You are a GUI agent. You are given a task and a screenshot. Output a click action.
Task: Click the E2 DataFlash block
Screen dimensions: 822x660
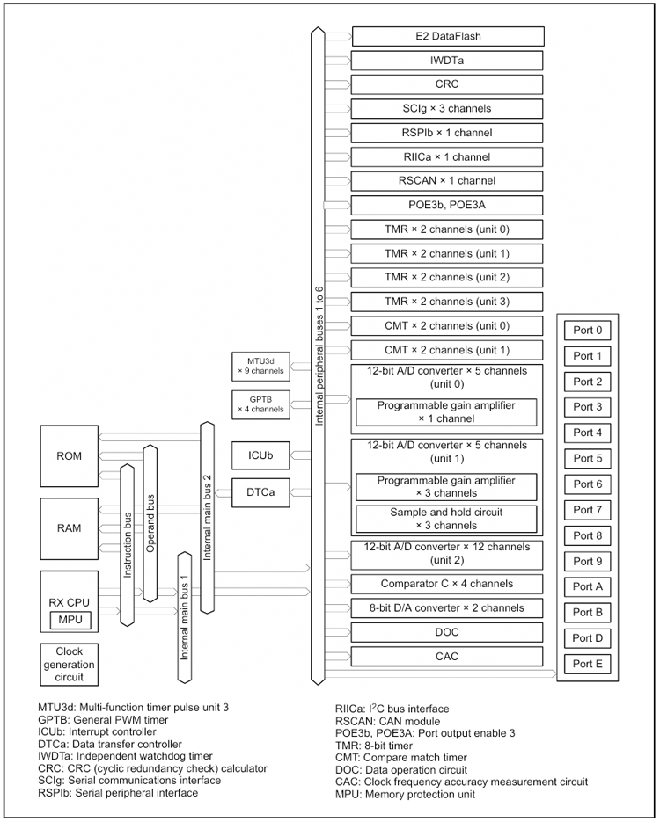click(448, 37)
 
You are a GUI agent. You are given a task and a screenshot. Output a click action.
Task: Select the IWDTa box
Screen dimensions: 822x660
click(448, 61)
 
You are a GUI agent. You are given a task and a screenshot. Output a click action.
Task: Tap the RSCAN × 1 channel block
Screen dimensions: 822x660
click(448, 181)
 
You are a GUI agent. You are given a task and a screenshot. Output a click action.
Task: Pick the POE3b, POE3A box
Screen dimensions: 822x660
click(448, 205)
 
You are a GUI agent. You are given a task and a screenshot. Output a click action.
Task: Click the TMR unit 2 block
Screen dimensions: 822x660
click(448, 277)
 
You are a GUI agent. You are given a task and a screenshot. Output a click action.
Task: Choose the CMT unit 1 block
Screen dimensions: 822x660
click(448, 349)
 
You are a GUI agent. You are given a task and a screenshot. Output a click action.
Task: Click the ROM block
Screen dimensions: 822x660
click(70, 456)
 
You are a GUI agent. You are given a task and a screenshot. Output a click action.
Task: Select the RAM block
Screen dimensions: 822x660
click(70, 528)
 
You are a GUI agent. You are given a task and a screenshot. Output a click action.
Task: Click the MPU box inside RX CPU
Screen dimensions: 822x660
click(69, 620)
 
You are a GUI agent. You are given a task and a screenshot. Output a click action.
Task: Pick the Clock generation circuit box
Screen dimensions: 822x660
click(69, 665)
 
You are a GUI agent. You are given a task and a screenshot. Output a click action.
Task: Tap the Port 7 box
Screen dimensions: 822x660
click(588, 510)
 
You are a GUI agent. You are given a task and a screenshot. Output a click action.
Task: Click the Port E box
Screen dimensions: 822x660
click(588, 664)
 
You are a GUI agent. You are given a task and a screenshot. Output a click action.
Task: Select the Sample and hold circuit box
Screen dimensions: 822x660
click(446, 518)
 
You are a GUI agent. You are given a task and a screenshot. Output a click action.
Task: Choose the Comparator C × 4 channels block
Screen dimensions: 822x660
click(448, 584)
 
